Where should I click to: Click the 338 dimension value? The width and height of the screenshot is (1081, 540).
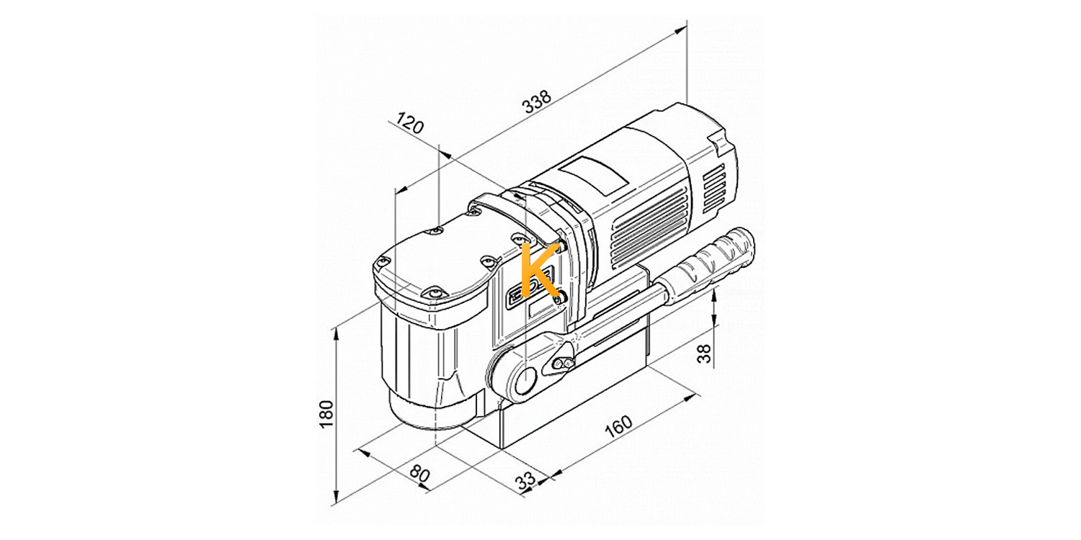coord(538,102)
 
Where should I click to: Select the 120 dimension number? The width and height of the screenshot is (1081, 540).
coord(410,123)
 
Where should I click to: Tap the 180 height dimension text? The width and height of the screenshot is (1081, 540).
coord(326,414)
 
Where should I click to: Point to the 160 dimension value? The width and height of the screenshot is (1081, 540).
coord(618,426)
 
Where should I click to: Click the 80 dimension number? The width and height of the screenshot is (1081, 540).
coord(419,474)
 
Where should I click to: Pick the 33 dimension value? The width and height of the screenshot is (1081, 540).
coord(525,480)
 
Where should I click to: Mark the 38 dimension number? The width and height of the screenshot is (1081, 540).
coord(705,353)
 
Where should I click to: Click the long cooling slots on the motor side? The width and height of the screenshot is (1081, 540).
coord(649,228)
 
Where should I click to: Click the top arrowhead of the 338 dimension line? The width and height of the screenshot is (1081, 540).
coord(680,30)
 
